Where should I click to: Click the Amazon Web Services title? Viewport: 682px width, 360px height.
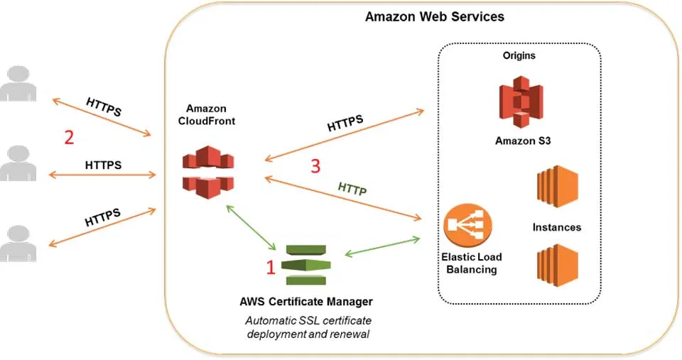tap(434, 16)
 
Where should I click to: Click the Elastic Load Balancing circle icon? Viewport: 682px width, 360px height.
tap(467, 226)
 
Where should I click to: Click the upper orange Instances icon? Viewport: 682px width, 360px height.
tap(558, 187)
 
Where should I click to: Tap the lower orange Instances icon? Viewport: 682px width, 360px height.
tap(558, 265)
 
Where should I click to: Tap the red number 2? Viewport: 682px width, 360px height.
tap(69, 136)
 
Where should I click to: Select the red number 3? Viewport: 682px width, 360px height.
tap(315, 166)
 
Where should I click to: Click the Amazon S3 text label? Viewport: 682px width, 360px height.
tap(523, 141)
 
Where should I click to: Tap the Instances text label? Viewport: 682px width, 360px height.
tap(557, 227)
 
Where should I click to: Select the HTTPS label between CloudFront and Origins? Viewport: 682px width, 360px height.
tap(345, 123)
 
